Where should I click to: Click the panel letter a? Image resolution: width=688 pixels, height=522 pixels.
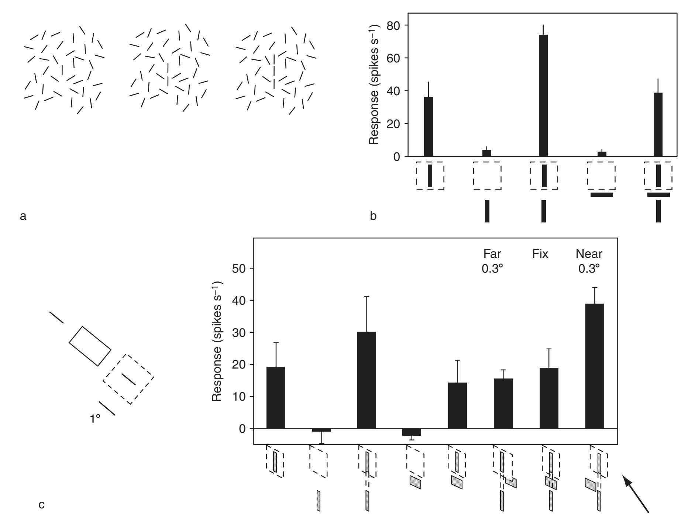tap(23, 216)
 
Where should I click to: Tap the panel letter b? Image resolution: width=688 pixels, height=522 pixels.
tap(374, 216)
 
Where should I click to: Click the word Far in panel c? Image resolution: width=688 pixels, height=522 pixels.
tap(492, 254)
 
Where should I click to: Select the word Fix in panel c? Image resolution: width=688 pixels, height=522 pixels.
tap(540, 254)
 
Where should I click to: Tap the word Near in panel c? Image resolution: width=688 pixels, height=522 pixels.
tap(589, 254)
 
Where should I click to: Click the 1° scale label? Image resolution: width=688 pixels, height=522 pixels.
tap(95, 419)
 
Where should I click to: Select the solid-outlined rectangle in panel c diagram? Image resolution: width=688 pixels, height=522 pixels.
tap(90, 346)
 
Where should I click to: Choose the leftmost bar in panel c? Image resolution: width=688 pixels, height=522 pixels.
tap(275, 397)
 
